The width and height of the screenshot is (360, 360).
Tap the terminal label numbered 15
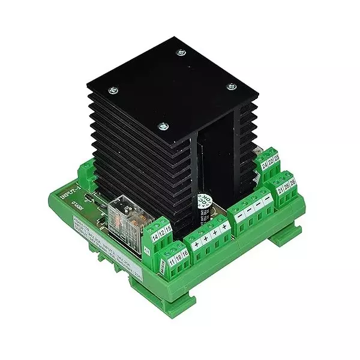[169, 229]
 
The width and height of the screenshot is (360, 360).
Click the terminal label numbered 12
[163, 233]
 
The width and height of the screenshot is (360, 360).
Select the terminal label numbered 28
[287, 187]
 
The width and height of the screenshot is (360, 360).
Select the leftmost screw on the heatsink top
[112, 90]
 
